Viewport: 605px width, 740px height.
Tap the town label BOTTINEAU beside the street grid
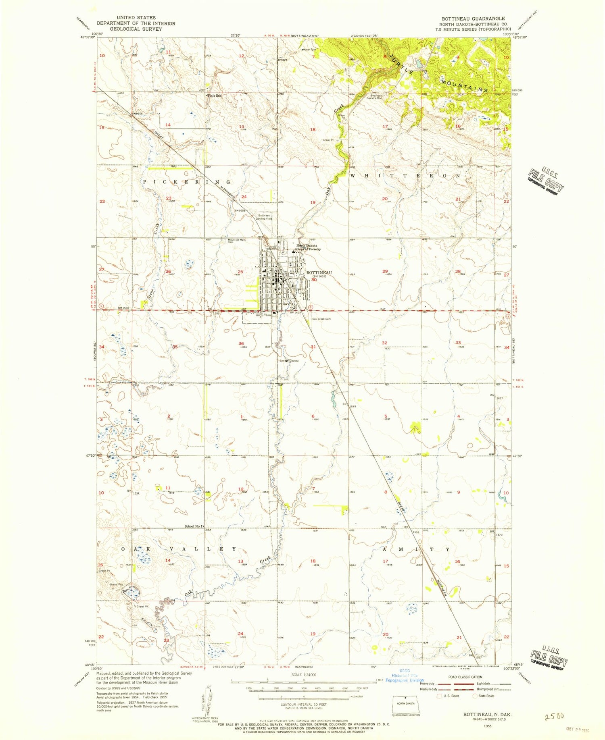pyautogui.click(x=319, y=272)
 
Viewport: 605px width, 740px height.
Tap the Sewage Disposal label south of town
pyautogui.click(x=289, y=361)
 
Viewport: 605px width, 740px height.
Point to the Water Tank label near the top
pyautogui.click(x=310, y=50)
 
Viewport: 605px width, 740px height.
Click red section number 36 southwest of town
pyautogui.click(x=241, y=343)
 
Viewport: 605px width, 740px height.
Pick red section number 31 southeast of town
pyautogui.click(x=313, y=347)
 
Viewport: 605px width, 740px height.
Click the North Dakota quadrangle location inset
pyautogui.click(x=406, y=704)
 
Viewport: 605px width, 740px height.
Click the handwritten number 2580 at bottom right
pyautogui.click(x=553, y=716)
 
